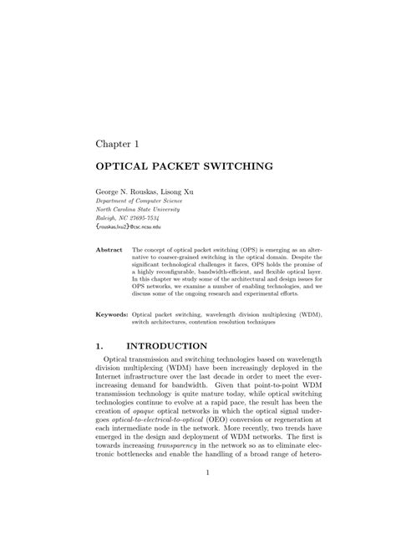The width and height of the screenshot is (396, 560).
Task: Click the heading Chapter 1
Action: pos(122,144)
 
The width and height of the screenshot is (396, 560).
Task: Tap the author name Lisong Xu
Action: pos(183,191)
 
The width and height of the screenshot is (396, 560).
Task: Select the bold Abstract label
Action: pos(109,250)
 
